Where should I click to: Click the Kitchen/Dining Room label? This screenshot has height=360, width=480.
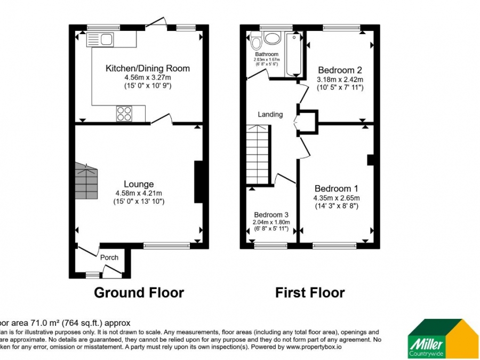(x=147, y=68)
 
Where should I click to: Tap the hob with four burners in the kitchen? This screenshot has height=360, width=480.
(x=124, y=113)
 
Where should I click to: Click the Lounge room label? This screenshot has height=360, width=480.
(x=139, y=185)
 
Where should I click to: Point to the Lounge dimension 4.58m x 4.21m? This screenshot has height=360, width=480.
(x=139, y=193)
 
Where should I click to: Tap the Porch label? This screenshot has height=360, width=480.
(x=109, y=258)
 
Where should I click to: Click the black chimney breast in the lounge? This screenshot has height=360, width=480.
(x=198, y=182)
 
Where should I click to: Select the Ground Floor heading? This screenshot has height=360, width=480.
(x=139, y=293)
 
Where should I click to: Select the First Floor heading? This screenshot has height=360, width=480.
(x=309, y=293)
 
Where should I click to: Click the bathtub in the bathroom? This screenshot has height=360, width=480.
(x=294, y=54)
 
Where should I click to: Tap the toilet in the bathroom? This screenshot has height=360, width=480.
(x=257, y=41)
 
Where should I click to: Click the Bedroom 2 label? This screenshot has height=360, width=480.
(x=340, y=70)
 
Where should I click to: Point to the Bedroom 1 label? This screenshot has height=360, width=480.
(x=336, y=188)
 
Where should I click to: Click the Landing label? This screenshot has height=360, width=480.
(x=270, y=115)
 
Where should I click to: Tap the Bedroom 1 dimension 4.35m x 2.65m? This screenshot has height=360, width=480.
(x=336, y=197)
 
